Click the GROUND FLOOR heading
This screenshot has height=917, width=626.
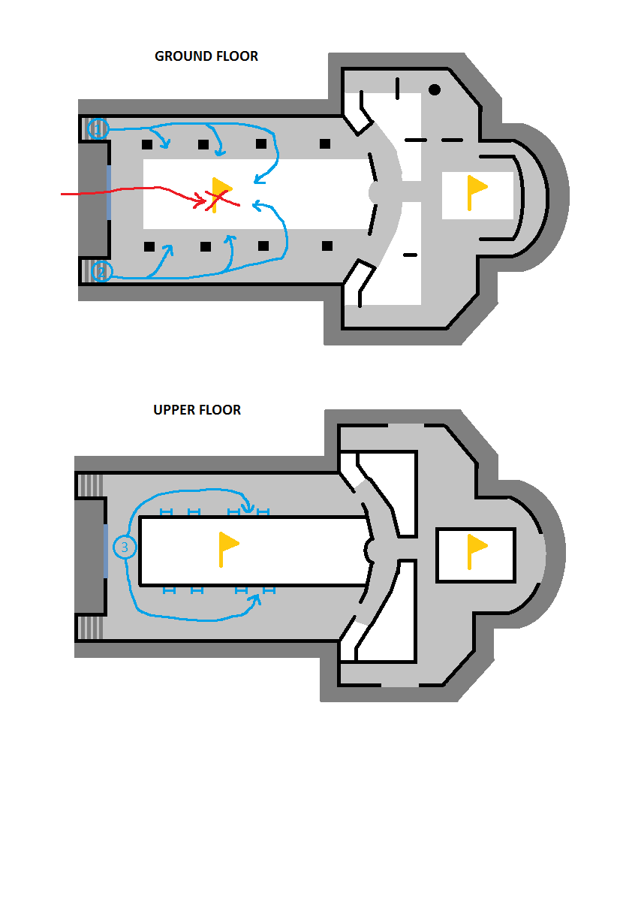[206, 56]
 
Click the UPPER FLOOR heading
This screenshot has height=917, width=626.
[197, 410]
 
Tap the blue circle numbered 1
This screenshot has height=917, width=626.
[98, 129]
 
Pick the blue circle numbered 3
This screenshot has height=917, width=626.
[125, 547]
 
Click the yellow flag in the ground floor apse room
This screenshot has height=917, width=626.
[475, 192]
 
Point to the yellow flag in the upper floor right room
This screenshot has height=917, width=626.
[477, 552]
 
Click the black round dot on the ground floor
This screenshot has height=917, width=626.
[435, 89]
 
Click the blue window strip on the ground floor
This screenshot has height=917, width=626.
[108, 193]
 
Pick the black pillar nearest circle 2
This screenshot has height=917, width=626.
[149, 246]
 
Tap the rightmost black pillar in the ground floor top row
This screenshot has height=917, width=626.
[325, 143]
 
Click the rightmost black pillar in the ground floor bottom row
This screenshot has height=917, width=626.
[327, 246]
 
